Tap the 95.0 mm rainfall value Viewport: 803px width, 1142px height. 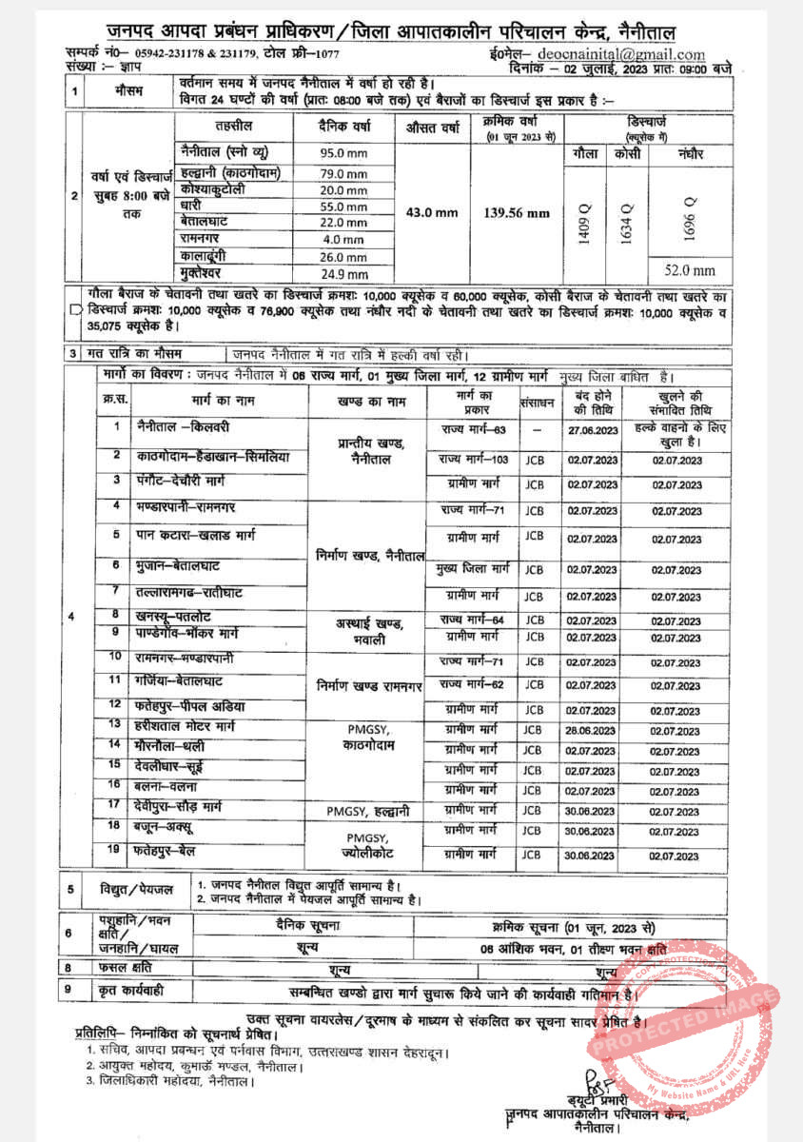(x=343, y=152)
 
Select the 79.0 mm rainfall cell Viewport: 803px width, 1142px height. (x=343, y=174)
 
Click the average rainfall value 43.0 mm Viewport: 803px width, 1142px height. (x=432, y=212)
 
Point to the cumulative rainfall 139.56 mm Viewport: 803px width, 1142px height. (x=517, y=213)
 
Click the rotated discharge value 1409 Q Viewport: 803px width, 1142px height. (x=585, y=226)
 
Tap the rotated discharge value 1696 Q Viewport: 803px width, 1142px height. (x=690, y=217)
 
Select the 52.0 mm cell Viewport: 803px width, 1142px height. (x=690, y=270)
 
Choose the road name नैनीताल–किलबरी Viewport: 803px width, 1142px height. (x=176, y=427)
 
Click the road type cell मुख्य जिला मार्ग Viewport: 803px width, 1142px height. (x=473, y=569)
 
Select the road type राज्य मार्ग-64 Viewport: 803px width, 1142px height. (x=473, y=620)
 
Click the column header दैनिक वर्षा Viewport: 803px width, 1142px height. (x=343, y=128)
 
